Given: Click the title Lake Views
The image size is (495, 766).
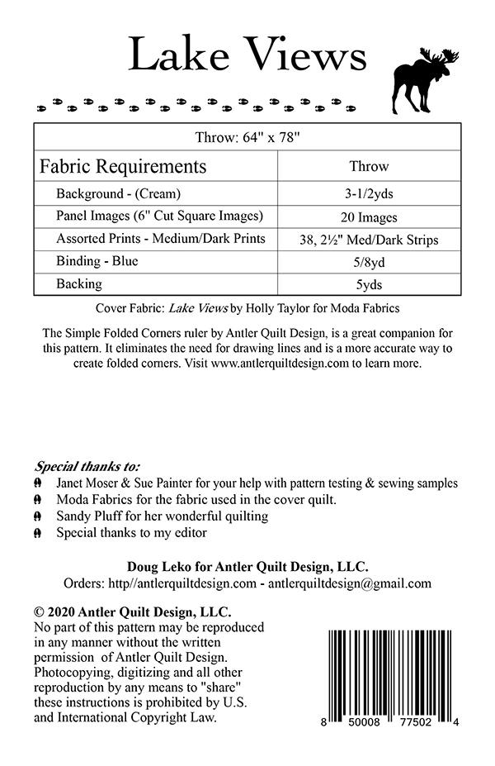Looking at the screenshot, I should click(x=247, y=56).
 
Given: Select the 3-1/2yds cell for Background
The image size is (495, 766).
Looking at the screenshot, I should click(x=369, y=194).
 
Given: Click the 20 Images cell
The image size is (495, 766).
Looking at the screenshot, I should click(x=369, y=217).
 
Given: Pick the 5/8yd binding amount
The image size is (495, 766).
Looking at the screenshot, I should click(x=369, y=262).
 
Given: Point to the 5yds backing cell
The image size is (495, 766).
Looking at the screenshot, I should click(x=369, y=285).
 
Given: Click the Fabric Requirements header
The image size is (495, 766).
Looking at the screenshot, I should click(x=123, y=166).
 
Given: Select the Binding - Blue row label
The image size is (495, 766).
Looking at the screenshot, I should click(x=97, y=261).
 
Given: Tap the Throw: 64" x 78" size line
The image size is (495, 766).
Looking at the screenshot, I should click(x=247, y=137).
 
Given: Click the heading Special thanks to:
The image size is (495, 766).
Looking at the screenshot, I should click(x=87, y=465).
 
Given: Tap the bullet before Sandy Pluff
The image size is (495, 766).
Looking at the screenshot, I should click(x=38, y=516).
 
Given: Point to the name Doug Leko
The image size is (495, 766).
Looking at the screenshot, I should click(x=155, y=566).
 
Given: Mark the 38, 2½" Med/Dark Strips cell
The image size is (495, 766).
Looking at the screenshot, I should click(x=369, y=240).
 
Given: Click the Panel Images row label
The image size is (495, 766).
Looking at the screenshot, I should click(x=159, y=216).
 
